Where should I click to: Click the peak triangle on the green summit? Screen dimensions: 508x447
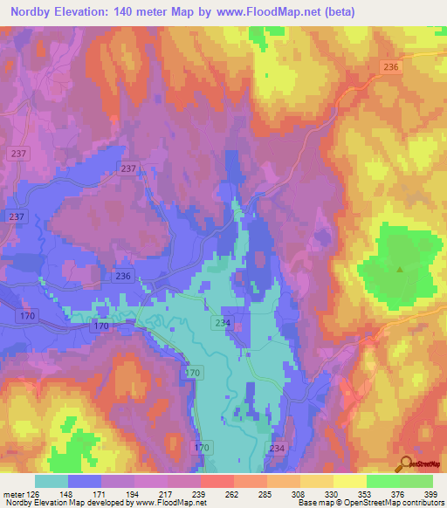[400, 270]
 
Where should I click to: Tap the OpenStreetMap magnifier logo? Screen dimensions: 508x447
[404, 463]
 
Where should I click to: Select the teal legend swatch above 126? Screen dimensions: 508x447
[52, 481]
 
